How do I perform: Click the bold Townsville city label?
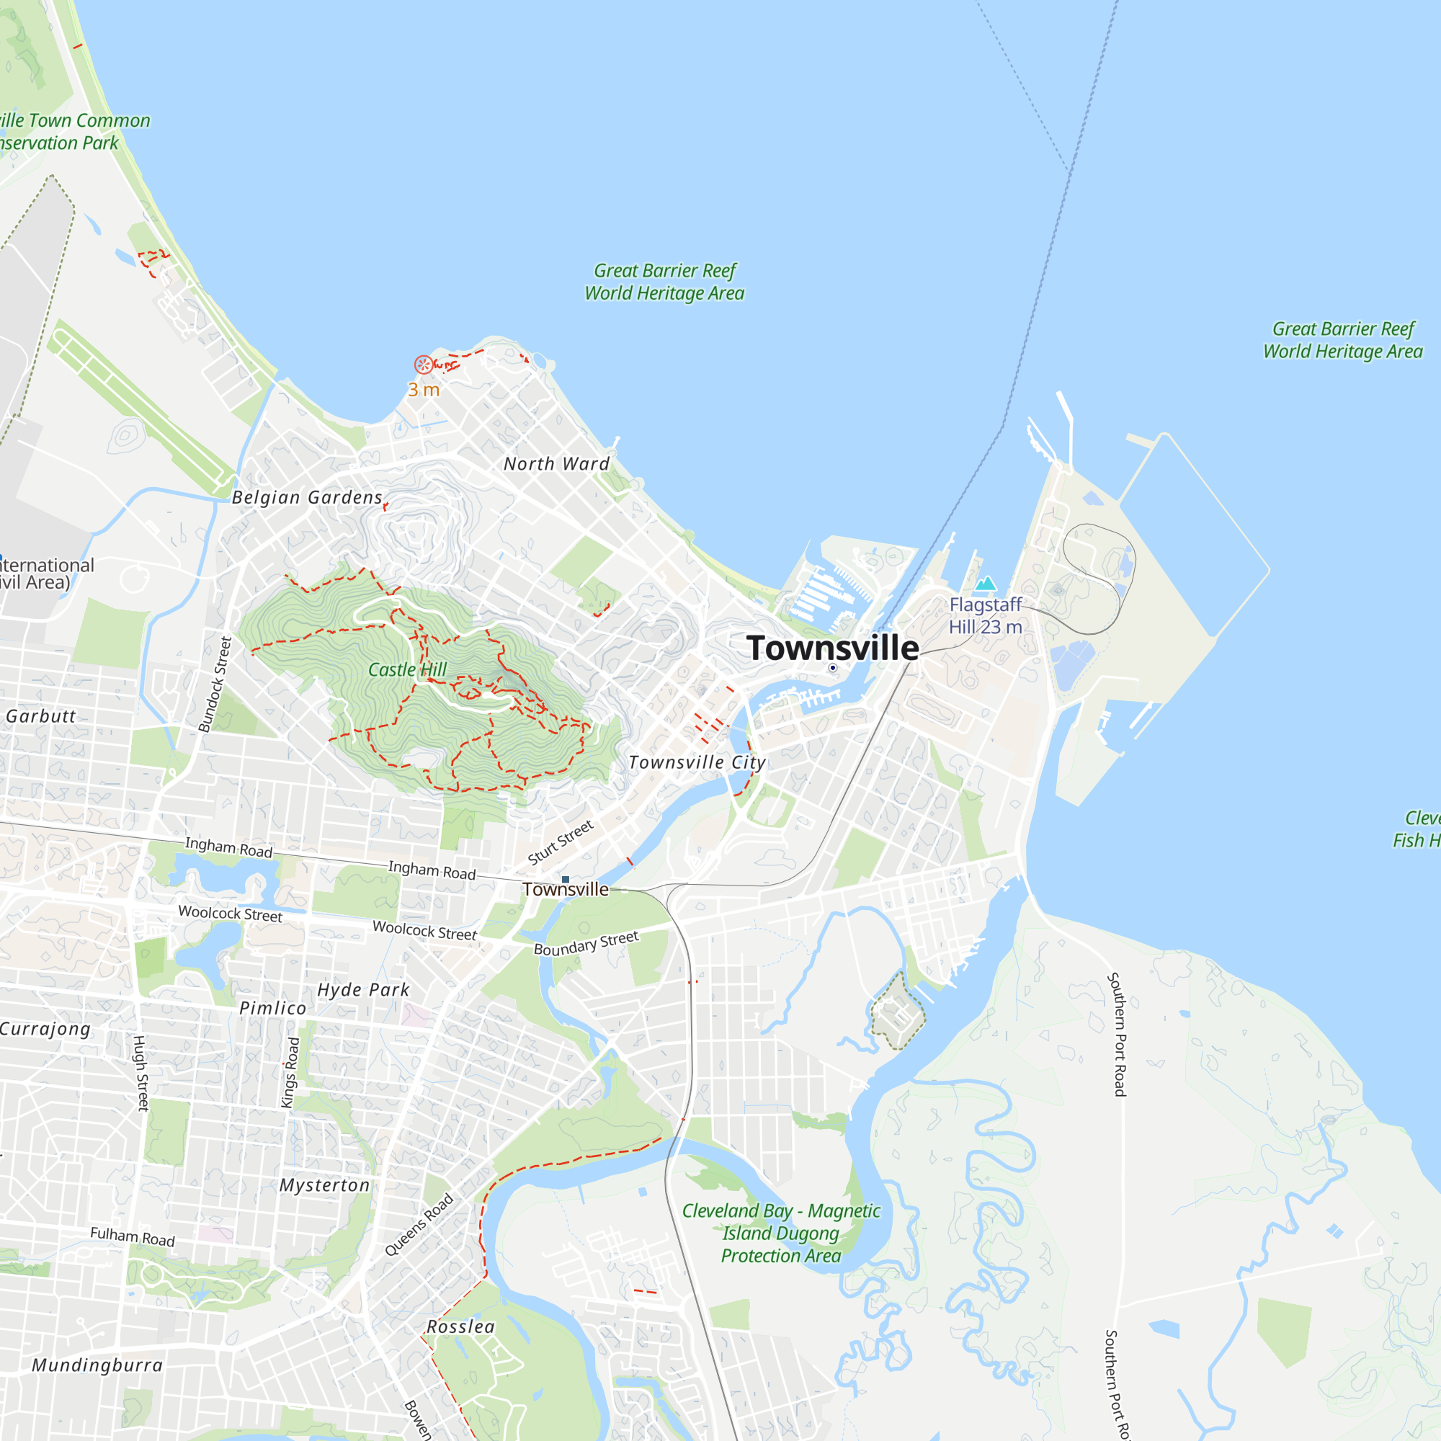832,648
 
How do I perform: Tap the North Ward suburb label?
556,464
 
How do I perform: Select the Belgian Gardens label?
308,497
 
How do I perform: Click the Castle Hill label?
407,670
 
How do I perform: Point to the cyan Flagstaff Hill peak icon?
985,584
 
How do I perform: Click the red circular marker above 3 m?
423,365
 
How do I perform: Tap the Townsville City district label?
697,762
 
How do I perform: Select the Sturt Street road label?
560,843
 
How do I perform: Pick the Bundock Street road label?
215,684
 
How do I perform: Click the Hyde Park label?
363,990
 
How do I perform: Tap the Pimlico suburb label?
273,1009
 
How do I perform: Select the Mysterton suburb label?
324,1185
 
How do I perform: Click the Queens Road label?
419,1226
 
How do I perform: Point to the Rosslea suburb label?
461,1327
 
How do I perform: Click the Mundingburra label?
97,1365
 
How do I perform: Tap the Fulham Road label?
133,1236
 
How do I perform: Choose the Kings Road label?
290,1073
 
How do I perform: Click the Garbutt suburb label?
40,716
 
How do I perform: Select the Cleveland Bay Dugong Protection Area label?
781,1233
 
